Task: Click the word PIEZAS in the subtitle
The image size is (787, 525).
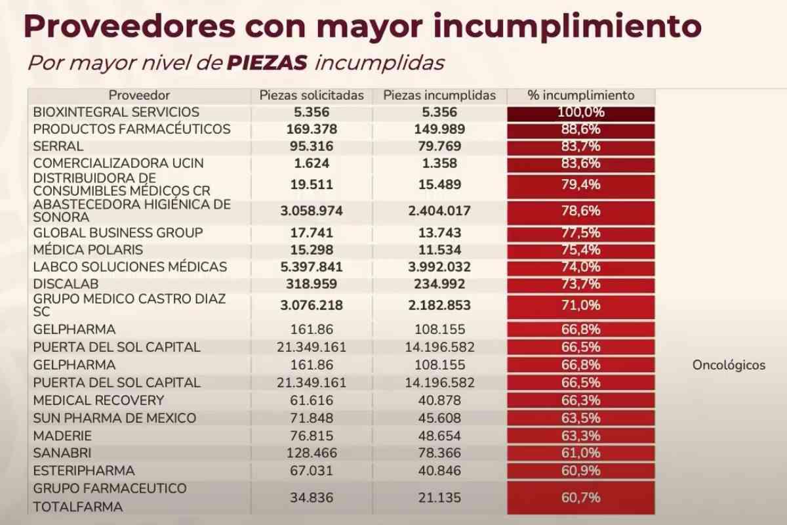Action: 267,62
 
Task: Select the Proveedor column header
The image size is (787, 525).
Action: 139,95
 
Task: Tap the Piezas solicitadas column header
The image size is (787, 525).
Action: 312,95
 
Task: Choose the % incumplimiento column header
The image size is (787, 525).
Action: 581,95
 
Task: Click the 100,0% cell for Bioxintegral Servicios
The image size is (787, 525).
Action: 581,112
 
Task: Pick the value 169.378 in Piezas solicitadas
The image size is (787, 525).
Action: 312,129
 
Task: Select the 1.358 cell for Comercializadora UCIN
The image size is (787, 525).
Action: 439,163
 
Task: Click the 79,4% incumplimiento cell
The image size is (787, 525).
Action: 581,184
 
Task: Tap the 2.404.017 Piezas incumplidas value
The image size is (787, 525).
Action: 439,211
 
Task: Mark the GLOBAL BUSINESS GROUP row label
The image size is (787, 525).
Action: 118,233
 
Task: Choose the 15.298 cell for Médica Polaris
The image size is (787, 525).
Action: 312,250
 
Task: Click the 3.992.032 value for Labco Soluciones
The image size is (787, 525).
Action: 439,267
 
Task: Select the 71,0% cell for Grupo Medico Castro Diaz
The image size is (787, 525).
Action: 581,305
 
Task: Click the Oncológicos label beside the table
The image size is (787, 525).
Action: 729,366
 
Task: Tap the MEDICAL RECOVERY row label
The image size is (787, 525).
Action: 98,400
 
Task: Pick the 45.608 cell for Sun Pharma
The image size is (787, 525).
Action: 439,418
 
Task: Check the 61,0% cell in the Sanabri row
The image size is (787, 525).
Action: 581,453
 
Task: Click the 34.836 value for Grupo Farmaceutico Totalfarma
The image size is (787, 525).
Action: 312,497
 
